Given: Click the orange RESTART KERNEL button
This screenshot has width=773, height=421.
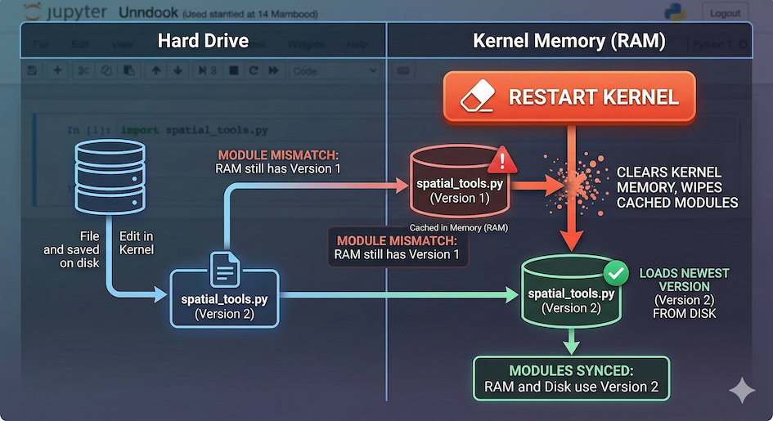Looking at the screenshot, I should [569, 98].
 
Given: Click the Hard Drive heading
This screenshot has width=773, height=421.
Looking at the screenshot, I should [203, 41].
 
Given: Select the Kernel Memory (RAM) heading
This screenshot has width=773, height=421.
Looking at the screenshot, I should [569, 41].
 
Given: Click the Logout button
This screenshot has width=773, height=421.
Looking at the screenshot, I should [725, 13].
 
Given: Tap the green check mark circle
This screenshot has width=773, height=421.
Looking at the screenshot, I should [613, 271].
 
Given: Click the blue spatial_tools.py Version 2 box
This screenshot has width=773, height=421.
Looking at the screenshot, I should [224, 299].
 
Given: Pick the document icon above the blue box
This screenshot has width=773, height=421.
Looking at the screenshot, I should [225, 267].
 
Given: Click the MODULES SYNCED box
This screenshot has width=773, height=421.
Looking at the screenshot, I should [571, 378].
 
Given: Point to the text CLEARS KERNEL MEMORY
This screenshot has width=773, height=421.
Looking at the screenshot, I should [668, 180].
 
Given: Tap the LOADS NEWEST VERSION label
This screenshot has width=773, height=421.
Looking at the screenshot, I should [684, 280].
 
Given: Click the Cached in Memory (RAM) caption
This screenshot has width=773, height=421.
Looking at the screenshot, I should [458, 227].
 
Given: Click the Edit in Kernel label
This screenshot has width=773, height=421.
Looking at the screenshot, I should [137, 243].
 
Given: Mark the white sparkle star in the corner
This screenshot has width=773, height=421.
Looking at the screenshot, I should [742, 390].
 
